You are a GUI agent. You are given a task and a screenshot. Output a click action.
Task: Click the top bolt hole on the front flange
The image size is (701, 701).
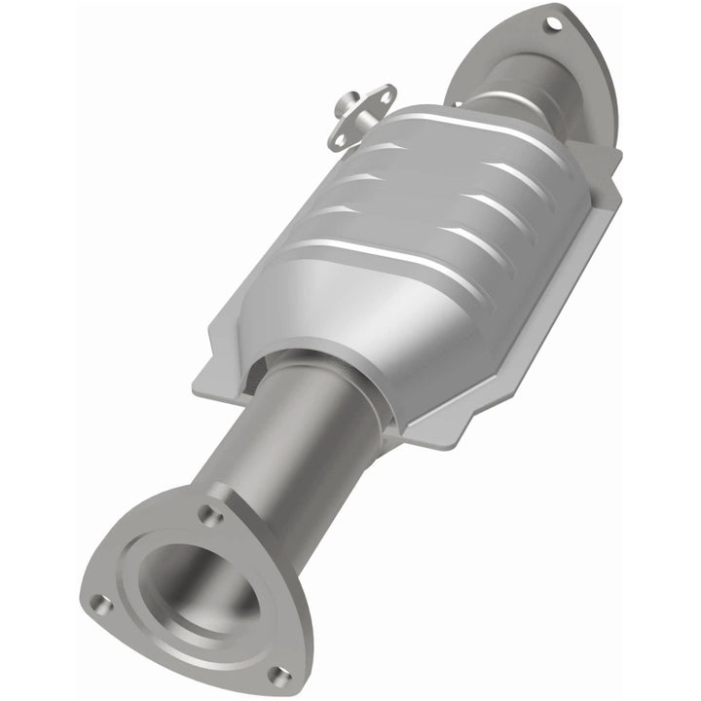(x=208, y=509)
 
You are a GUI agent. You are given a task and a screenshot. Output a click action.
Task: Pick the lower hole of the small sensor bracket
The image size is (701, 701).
(x=340, y=140)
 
